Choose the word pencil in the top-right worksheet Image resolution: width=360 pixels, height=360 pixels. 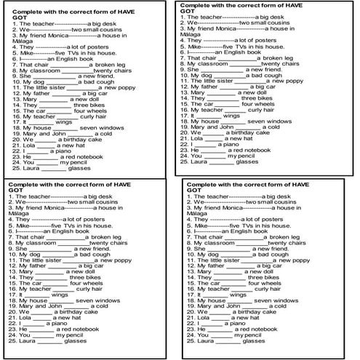[246, 155]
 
